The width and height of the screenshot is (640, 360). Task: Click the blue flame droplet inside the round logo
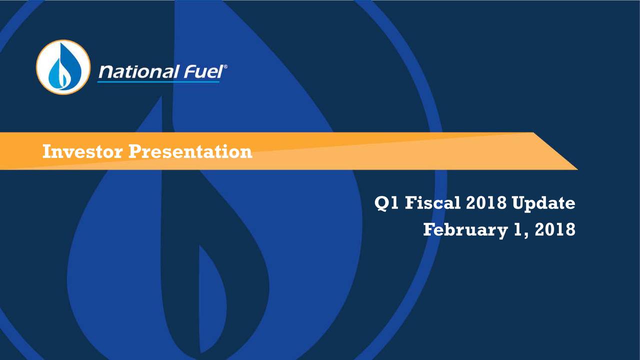[x=63, y=67]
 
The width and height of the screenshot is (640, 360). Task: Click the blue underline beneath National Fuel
[x=158, y=81]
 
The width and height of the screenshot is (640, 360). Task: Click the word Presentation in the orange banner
[x=190, y=151]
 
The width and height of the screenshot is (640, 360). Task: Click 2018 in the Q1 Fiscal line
[x=485, y=203]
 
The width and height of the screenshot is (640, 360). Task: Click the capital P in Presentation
[x=134, y=151]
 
